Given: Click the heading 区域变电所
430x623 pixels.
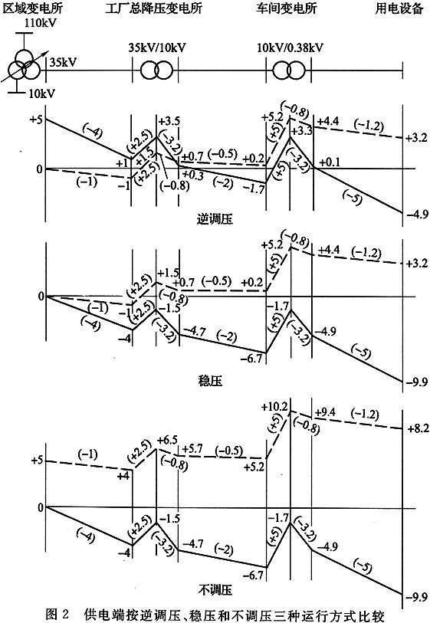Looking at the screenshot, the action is pos(33,8).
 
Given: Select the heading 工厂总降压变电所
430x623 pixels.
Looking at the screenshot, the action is pos(154,8).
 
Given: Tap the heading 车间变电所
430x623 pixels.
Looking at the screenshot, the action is pos(287,8).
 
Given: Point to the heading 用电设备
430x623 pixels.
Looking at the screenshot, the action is pos(399,8).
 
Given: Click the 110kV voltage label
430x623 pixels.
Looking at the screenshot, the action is pos(40,22).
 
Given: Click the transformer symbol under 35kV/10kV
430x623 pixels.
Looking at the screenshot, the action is pos(156,70).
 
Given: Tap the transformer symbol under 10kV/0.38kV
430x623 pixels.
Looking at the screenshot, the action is pos(289,70).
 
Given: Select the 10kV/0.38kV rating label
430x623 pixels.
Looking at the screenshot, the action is pos(290,48).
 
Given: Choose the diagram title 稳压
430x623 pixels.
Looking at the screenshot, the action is pos(210,381).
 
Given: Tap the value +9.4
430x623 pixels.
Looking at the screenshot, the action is pos(325,412).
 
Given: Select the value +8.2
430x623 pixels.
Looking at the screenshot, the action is pos(418,428).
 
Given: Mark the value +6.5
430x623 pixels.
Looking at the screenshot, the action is pos(167,440).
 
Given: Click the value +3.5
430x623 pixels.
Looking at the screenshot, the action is pos(169,121).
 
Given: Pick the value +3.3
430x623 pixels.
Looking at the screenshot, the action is pos(302,130).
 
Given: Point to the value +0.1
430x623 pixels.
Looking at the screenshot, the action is pos(329,162).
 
